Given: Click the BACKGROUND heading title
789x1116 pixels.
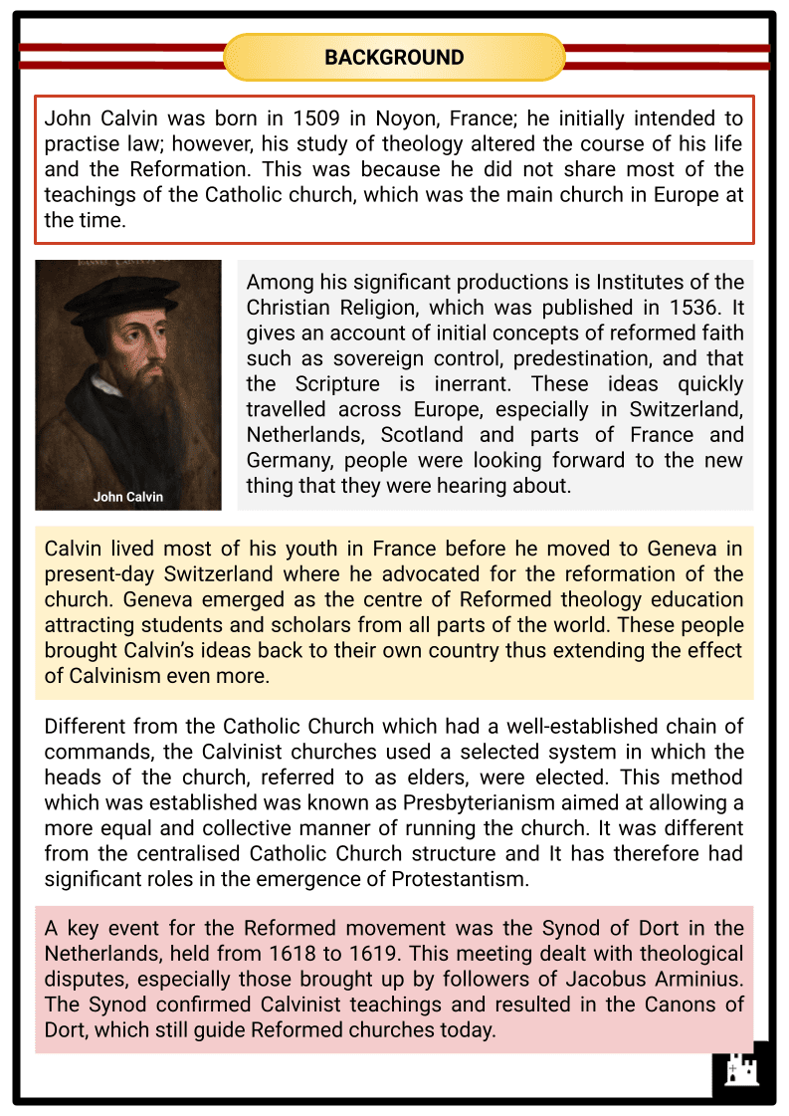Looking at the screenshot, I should pyautogui.click(x=394, y=58).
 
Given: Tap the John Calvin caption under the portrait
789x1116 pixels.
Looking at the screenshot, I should pyautogui.click(x=128, y=496).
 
